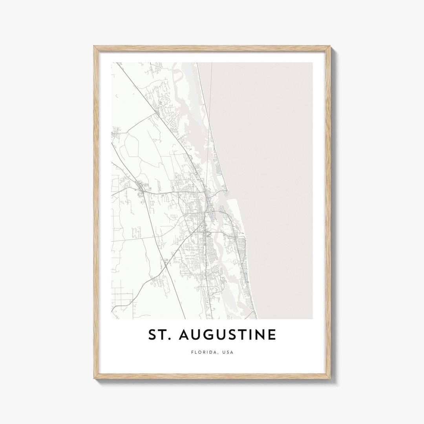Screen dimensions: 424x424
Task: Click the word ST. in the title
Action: [159, 335]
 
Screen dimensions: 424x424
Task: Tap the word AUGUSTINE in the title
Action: [228, 335]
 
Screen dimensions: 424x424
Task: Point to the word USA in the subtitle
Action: [228, 352]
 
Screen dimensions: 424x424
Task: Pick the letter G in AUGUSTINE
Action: [208, 335]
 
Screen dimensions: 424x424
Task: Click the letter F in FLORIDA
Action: [192, 352]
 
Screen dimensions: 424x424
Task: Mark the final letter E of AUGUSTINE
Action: [272, 335]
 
